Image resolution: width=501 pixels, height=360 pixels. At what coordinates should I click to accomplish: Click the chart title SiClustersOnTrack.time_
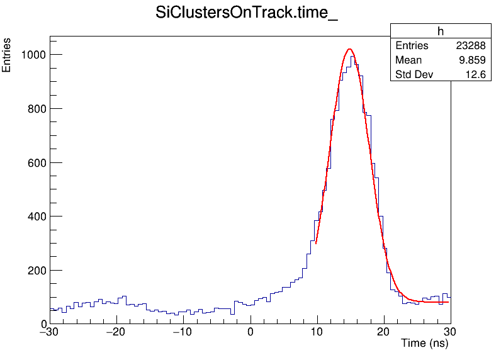[x=247, y=13]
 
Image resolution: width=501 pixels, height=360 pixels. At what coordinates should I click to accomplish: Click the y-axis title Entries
[x=7, y=55]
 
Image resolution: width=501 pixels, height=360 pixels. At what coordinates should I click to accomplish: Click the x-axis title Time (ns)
[x=425, y=343]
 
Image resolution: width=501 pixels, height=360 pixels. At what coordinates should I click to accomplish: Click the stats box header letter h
[x=441, y=31]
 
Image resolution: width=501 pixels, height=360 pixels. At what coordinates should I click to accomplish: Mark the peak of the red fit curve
[x=349, y=49]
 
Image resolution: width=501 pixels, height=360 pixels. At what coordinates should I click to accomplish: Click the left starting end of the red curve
[x=316, y=243]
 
